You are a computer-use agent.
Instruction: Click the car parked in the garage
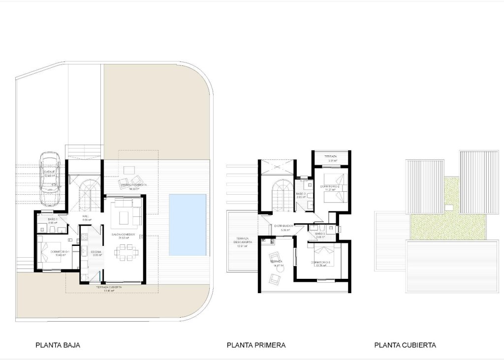(x=50, y=179)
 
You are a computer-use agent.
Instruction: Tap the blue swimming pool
(x=188, y=224)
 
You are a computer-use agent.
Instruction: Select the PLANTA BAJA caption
(x=58, y=345)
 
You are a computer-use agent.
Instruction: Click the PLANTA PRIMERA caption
(x=256, y=345)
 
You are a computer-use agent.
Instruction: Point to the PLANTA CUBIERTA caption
(x=405, y=345)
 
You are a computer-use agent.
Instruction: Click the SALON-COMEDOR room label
(x=123, y=235)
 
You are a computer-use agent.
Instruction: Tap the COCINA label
(x=96, y=251)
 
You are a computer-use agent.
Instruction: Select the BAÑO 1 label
(x=53, y=219)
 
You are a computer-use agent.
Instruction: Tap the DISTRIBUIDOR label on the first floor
(x=284, y=226)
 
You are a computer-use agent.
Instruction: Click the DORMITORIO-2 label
(x=329, y=186)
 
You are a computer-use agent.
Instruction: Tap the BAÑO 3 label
(x=320, y=234)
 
